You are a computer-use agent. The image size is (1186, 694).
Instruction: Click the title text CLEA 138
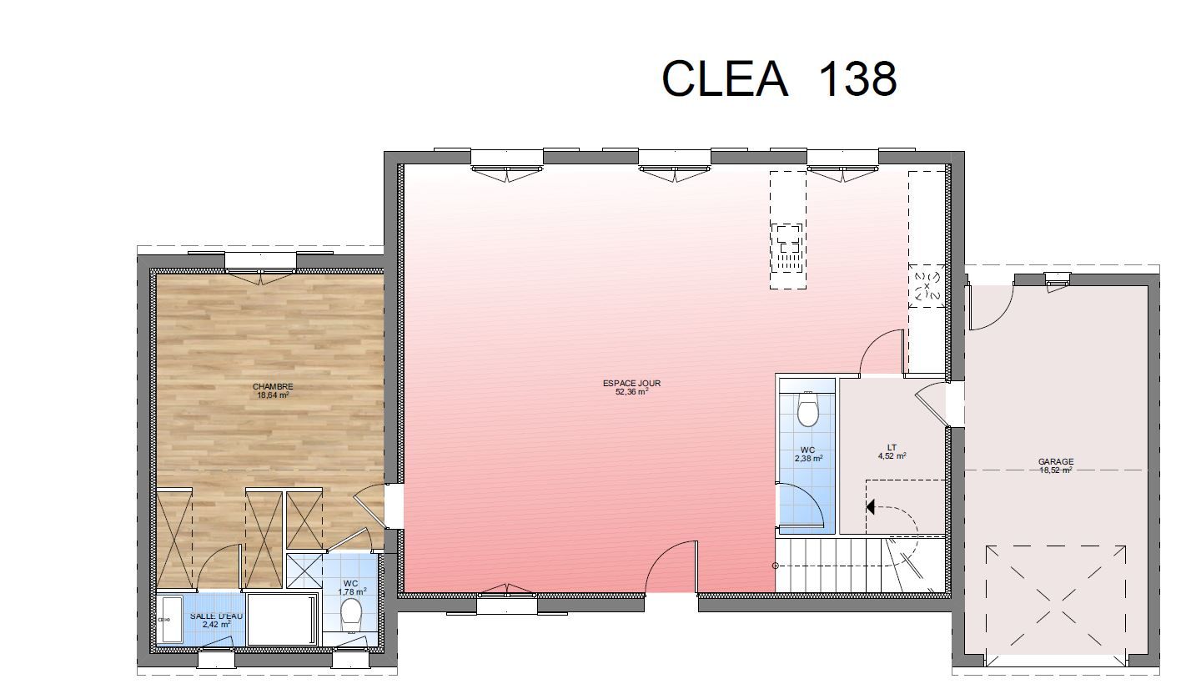click(779, 78)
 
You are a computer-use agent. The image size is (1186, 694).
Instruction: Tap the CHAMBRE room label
click(273, 387)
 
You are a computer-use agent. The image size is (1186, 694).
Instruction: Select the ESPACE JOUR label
click(631, 383)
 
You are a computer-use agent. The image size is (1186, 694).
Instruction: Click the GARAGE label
click(1056, 461)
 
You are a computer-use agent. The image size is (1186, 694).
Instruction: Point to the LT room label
click(892, 447)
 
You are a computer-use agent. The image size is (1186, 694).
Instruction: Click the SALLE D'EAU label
click(216, 616)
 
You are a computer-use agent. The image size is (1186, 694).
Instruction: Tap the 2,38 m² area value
click(808, 459)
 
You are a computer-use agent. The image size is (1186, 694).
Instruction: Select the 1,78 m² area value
click(352, 591)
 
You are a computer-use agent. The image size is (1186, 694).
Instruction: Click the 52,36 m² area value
click(631, 392)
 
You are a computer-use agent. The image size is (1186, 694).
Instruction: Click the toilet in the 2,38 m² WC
click(808, 409)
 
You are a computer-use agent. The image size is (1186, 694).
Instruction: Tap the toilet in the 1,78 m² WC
click(350, 615)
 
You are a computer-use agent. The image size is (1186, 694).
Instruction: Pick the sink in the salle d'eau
click(170, 619)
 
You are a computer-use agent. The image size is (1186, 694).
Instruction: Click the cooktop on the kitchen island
click(788, 248)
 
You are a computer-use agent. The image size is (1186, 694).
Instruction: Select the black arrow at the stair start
click(870, 507)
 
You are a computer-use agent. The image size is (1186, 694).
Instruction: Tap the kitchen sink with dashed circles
click(927, 286)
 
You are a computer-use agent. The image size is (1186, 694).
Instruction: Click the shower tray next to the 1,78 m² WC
click(304, 571)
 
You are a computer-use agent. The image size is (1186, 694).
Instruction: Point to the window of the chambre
click(260, 263)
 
